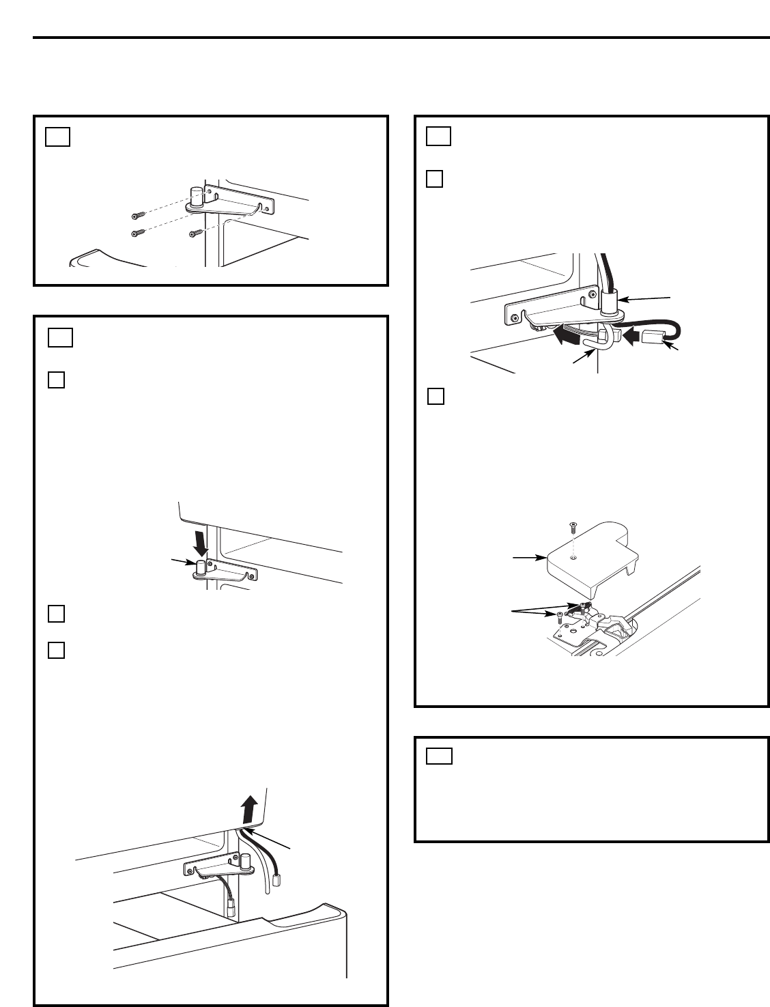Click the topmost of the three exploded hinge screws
(137, 216)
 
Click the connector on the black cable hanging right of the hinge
(277, 881)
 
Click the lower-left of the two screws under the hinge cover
(558, 616)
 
